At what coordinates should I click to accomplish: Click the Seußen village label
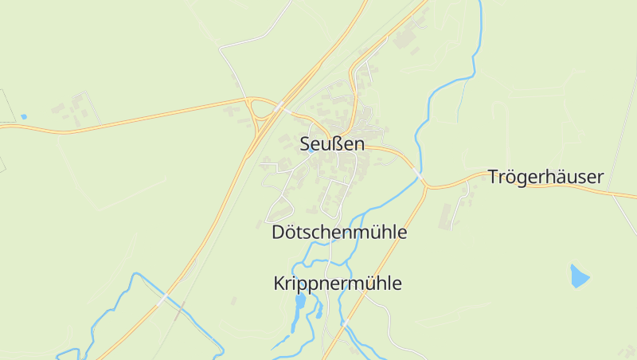332,144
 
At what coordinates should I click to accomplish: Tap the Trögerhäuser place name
545,177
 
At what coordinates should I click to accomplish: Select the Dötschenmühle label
339,233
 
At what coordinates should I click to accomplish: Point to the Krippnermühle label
338,284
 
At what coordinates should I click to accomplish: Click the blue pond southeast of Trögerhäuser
580,276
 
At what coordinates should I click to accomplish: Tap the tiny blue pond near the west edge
24,117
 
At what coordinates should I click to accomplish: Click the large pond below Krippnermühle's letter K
300,302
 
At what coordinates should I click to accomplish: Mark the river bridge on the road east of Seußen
419,172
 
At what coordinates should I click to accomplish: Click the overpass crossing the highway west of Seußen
279,106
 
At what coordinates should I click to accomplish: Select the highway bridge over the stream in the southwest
164,299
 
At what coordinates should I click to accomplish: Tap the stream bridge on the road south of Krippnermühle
346,323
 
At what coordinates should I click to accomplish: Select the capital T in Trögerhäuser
494,177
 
